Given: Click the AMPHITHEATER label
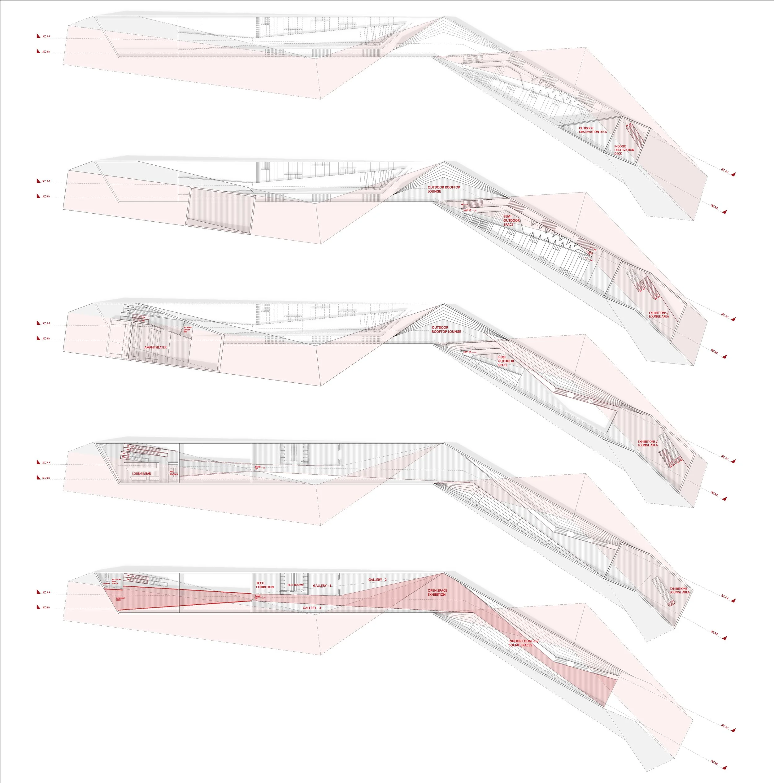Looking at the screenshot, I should [x=155, y=347].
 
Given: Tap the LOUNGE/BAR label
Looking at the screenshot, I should [x=141, y=473].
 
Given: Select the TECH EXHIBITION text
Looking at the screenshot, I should [x=265, y=585].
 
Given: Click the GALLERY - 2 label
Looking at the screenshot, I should [x=377, y=580].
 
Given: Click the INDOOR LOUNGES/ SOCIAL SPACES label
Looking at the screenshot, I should [x=523, y=643].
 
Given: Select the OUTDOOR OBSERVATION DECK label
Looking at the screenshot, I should [x=593, y=130].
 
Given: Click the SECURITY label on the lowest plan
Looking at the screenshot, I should [x=106, y=584].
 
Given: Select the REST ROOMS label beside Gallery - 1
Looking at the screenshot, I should [x=295, y=585].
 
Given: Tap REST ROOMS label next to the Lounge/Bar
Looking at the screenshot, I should [x=173, y=472].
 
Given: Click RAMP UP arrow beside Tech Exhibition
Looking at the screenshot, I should [x=259, y=597].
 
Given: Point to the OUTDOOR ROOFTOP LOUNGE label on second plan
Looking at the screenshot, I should [x=443, y=189].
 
